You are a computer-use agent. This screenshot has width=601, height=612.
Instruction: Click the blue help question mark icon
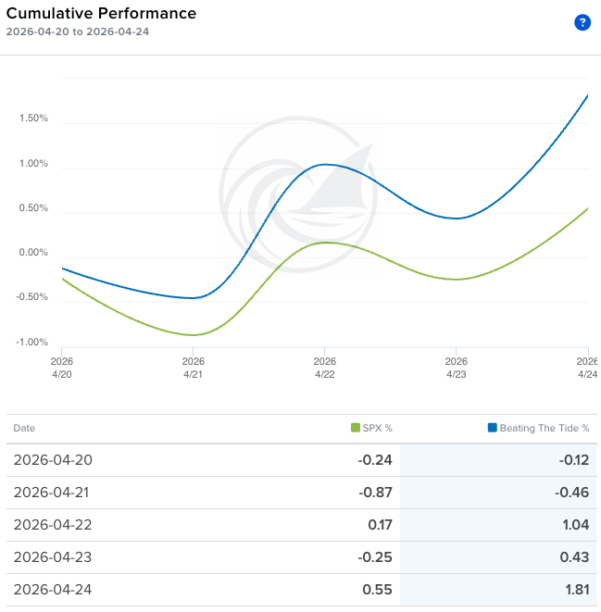coord(582,22)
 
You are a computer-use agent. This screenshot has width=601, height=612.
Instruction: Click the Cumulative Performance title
coord(101,13)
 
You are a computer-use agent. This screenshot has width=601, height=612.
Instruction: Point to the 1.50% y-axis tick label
coord(33,119)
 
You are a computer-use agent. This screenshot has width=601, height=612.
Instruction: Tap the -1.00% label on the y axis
coord(31,343)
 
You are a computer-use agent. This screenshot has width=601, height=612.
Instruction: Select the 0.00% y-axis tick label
coord(33,253)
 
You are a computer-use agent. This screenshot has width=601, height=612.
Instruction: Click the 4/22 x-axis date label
coord(324,368)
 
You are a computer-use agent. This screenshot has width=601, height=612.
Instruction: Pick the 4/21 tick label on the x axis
coord(193,368)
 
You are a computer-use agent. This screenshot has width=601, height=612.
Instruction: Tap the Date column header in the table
coord(24,428)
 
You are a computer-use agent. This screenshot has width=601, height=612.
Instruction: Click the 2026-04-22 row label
coord(53,525)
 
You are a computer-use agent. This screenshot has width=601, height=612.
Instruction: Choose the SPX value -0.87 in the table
coord(374,493)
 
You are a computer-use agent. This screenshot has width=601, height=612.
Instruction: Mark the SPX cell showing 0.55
coord(378,590)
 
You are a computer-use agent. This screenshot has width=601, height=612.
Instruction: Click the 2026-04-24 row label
coord(53,590)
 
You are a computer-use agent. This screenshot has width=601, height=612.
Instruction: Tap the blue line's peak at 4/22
coord(325,165)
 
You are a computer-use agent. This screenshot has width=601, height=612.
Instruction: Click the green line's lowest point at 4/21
coord(194,335)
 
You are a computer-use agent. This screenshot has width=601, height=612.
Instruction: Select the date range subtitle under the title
coord(78,31)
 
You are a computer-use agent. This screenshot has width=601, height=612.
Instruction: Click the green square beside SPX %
coord(356,428)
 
